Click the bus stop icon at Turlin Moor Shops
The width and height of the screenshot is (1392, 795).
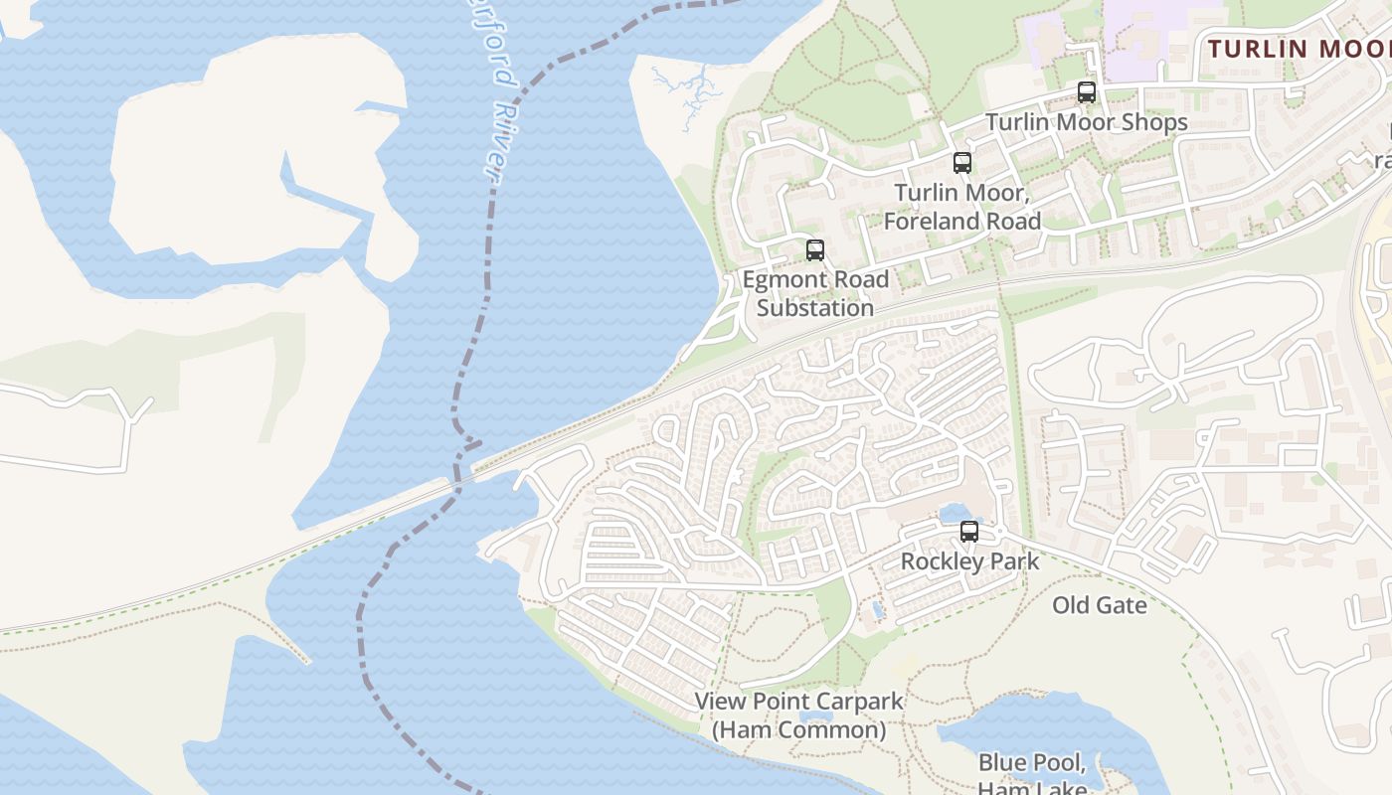click(x=1087, y=92)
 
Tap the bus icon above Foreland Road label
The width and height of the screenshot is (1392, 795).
click(x=961, y=163)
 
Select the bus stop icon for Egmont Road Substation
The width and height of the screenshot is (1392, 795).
click(x=815, y=250)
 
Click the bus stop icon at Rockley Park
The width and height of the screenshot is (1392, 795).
click(x=969, y=532)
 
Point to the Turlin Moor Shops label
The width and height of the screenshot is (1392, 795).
click(x=1086, y=122)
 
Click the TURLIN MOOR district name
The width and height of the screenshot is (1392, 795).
click(x=1298, y=49)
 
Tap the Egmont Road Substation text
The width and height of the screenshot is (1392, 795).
click(x=815, y=294)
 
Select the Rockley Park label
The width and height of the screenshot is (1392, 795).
click(x=969, y=561)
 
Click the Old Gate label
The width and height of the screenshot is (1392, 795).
click(x=1100, y=605)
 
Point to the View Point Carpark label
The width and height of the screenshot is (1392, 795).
click(x=798, y=701)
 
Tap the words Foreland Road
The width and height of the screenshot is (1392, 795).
click(x=961, y=222)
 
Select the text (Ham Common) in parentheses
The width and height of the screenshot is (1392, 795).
click(x=798, y=730)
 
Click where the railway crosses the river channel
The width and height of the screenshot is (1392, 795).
click(x=459, y=480)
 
